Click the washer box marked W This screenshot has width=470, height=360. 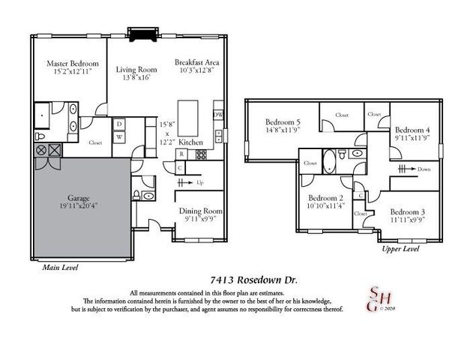click(x=119, y=136)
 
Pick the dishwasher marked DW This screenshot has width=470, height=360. click(x=218, y=114)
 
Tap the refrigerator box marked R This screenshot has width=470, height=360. click(x=181, y=155)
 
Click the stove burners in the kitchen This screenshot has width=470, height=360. click(x=200, y=155)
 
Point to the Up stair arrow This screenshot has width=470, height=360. click(x=196, y=183)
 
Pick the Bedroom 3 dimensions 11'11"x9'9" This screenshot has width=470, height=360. click(x=406, y=220)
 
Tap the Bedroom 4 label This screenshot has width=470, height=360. click(x=412, y=128)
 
